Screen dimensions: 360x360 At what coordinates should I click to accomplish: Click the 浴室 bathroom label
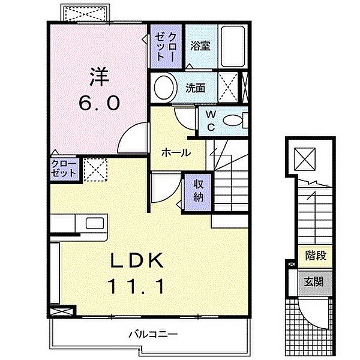(x=200, y=46)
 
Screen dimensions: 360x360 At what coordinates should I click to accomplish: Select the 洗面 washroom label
(x=196, y=88)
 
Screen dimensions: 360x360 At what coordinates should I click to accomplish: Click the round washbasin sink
(x=163, y=88)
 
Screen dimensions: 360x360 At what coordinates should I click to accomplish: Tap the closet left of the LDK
(x=64, y=167)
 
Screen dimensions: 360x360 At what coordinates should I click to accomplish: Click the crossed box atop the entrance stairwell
(x=306, y=159)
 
